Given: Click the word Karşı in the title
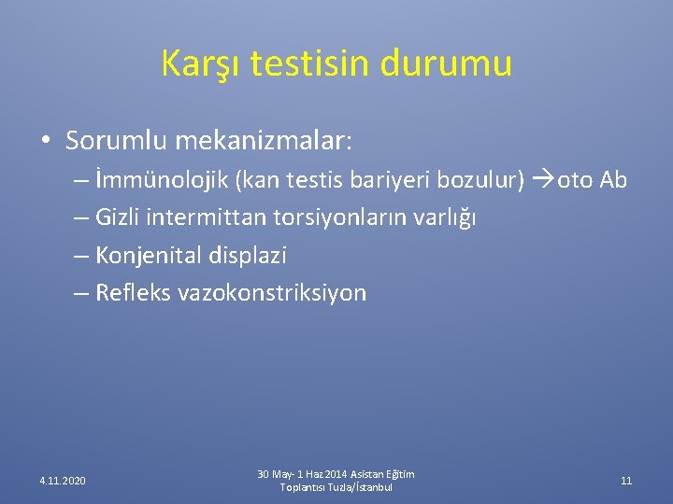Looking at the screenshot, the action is [x=200, y=64].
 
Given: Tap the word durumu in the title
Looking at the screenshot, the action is [x=446, y=63].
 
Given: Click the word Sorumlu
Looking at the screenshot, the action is [x=116, y=140].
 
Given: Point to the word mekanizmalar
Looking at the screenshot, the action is [x=263, y=140].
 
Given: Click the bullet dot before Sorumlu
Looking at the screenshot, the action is [x=46, y=140].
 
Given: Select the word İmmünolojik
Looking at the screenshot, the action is [x=162, y=180].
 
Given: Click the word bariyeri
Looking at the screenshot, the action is [x=389, y=179].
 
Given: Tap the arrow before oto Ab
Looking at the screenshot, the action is [x=543, y=179].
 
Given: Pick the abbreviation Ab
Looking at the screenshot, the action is [x=613, y=179].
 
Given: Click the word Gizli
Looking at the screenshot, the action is [x=117, y=217].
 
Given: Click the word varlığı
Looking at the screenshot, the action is [x=445, y=217].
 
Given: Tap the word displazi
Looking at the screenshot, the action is [x=248, y=256].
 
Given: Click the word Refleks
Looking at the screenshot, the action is [x=133, y=292].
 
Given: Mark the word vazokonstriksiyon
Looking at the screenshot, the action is [x=272, y=294].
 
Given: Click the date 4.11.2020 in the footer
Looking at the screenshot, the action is [x=63, y=481].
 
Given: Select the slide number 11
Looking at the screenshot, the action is [x=626, y=481].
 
